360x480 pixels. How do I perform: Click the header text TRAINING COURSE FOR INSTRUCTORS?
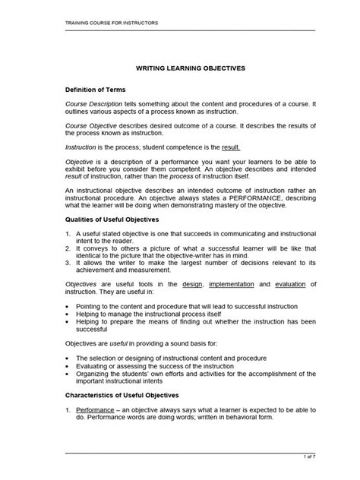tap(103, 23)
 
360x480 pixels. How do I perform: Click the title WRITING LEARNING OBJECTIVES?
tap(190, 68)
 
